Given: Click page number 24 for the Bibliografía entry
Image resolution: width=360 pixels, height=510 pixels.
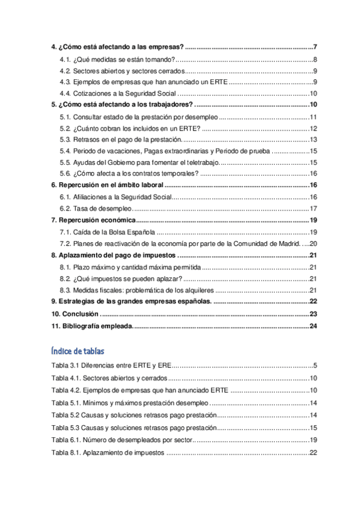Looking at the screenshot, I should (x=312, y=326).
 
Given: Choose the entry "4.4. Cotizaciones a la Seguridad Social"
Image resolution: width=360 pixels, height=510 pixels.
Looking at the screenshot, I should (x=118, y=93).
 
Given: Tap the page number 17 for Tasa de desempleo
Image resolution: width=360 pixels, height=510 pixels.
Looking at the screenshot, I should (x=313, y=208).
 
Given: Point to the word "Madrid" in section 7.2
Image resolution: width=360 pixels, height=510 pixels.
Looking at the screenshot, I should (x=285, y=243).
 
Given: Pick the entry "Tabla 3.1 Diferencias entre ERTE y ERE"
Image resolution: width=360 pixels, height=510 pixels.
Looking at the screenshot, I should (x=112, y=366).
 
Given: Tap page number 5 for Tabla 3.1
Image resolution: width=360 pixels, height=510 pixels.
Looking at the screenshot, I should (x=314, y=366).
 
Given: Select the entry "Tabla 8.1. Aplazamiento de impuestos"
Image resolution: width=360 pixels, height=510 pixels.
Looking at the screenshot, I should (x=108, y=452).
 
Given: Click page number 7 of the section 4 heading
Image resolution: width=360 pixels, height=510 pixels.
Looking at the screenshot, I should (x=315, y=47).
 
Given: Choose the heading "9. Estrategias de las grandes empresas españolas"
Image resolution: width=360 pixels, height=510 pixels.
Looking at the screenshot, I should (x=130, y=301).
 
